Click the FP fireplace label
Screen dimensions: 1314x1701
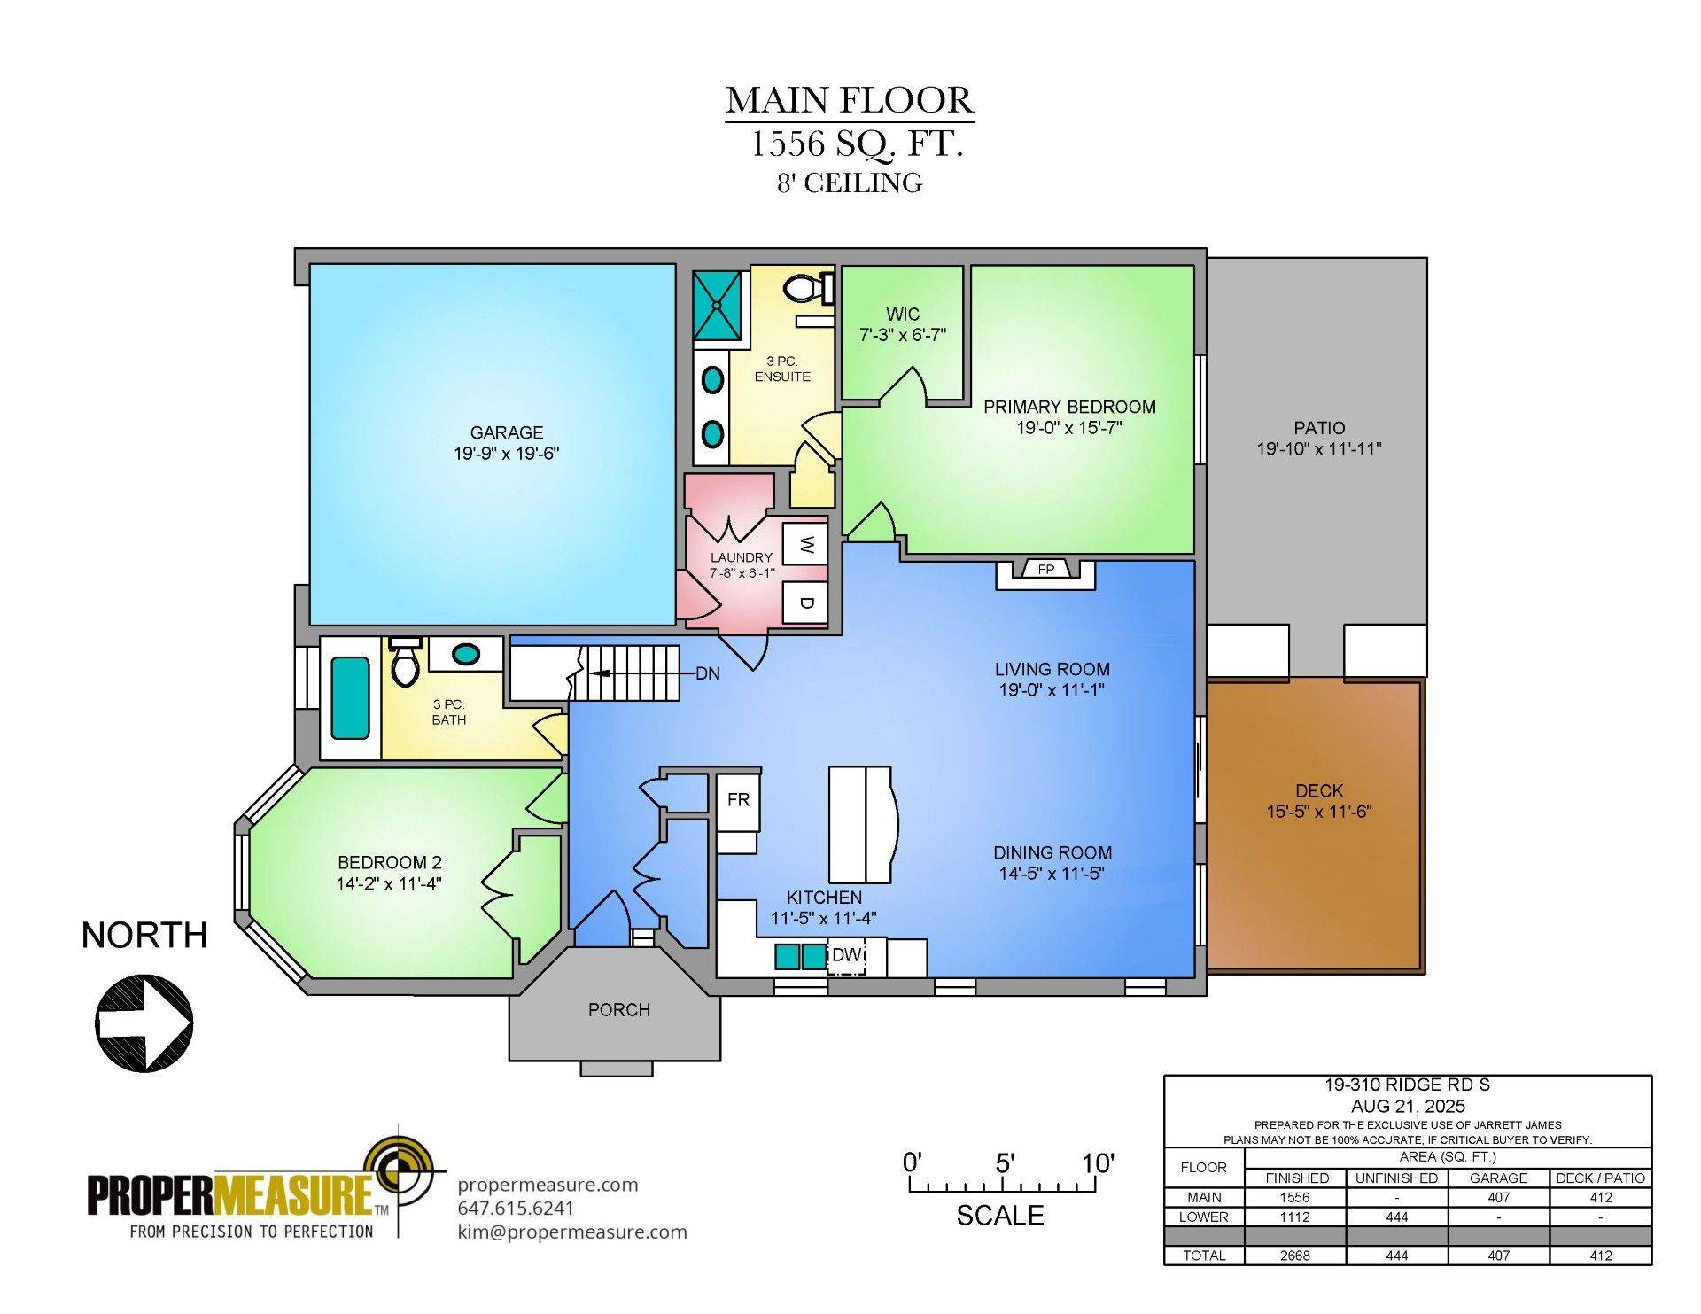pos(1046,570)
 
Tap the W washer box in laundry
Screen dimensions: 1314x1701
pos(805,545)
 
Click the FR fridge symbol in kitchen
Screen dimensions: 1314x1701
pos(738,801)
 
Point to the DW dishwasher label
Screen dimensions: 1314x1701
pos(846,955)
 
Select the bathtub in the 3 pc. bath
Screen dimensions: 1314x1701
pos(350,697)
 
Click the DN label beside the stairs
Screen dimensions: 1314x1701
pos(707,674)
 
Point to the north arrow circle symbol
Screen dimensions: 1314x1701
pos(144,1023)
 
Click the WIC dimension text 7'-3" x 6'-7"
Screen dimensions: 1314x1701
pos(903,335)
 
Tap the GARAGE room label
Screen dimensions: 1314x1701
pos(506,432)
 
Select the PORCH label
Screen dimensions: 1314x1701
pos(618,1010)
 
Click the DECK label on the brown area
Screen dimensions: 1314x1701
pos(1318,790)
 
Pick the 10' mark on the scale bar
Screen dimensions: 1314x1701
pos(1098,1163)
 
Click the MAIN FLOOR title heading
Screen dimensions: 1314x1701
pos(850,100)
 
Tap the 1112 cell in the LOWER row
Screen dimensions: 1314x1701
pos(1294,1217)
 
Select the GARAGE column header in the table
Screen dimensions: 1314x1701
pos(1498,1178)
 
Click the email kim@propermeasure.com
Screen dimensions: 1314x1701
pos(571,1232)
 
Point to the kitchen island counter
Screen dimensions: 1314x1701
pos(860,825)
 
